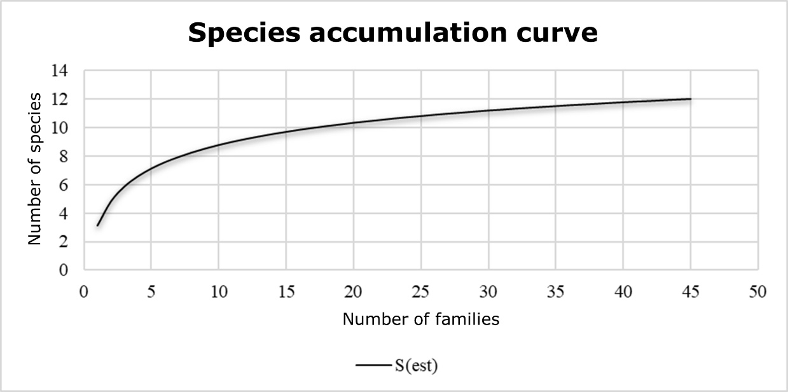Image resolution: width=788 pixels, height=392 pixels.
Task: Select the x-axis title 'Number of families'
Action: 420,319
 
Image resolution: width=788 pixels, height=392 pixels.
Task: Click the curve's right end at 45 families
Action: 690,99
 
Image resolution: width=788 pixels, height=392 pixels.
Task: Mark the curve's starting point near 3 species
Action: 97,225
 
